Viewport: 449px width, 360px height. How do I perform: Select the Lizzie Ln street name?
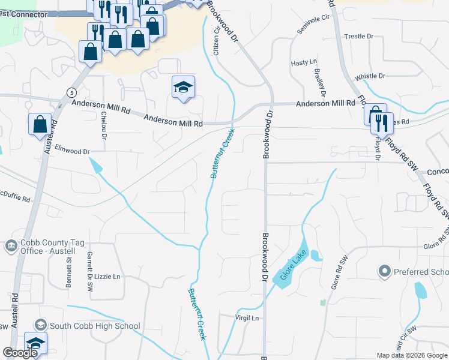point(107,277)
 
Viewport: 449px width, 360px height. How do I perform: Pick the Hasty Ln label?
point(303,62)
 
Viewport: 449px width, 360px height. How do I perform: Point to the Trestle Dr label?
point(359,37)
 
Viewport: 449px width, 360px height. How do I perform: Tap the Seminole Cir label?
point(315,26)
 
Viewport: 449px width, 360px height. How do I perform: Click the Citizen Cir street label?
point(217,41)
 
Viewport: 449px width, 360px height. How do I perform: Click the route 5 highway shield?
point(71,92)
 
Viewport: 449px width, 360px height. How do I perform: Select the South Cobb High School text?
point(95,326)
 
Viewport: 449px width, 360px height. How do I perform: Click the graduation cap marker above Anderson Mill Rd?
point(184,88)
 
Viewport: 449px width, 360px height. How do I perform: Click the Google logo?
point(20,353)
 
